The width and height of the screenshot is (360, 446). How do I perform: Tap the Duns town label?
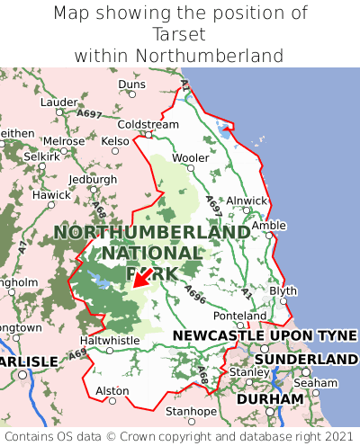[131, 85]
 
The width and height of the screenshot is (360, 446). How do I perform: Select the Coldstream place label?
[148, 124]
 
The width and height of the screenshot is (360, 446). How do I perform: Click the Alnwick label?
[247, 201]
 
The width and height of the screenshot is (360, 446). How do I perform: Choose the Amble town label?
[268, 226]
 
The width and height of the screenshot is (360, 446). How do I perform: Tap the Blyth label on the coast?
[283, 291]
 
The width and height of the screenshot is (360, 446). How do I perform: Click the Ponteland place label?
[239, 317]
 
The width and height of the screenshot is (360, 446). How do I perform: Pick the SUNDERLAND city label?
[306, 360]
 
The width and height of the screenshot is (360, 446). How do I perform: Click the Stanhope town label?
[191, 412]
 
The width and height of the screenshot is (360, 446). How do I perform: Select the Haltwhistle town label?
[110, 341]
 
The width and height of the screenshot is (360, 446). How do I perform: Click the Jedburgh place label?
[93, 179]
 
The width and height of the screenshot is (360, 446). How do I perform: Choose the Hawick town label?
[51, 195]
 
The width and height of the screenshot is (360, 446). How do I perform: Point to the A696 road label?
[195, 293]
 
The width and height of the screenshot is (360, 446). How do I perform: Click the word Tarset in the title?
[180, 34]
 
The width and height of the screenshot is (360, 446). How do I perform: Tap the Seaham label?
[316, 382]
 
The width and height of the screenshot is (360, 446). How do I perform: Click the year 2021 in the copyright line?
[336, 437]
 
